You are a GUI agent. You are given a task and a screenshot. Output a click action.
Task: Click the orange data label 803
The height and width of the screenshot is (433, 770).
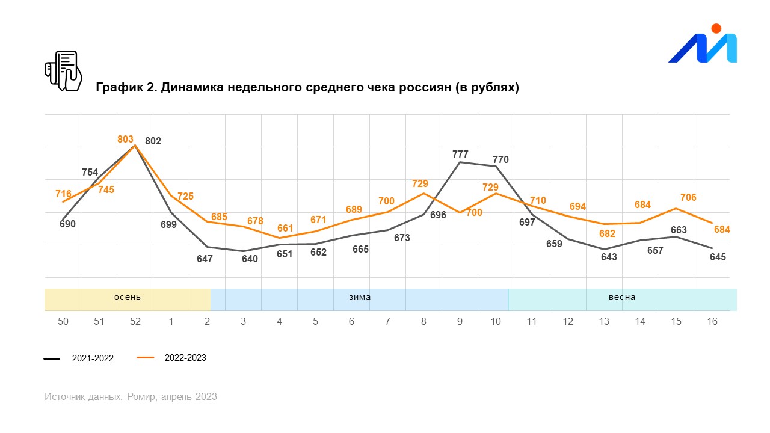[x=125, y=140]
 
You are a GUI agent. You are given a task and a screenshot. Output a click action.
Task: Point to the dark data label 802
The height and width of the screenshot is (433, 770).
[x=153, y=141]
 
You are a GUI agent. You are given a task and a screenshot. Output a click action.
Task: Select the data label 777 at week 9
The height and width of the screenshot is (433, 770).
[x=460, y=155]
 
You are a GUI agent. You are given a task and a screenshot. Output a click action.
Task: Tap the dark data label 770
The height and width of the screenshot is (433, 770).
[x=500, y=160]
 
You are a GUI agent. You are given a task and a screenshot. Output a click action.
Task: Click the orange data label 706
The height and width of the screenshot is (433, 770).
[x=688, y=198]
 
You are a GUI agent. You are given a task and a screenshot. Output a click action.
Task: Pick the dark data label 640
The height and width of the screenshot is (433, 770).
[x=250, y=259]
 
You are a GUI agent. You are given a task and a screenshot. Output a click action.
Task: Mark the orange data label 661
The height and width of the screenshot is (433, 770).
[x=285, y=229]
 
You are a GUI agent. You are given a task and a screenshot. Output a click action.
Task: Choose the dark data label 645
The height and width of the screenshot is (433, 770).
[x=718, y=257]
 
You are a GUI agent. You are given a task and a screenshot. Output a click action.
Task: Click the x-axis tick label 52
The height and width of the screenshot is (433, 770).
[x=135, y=322]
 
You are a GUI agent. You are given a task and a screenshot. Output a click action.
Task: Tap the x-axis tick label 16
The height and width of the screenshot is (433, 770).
[x=712, y=322]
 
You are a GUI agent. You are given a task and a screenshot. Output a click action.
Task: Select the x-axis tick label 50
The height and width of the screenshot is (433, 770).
[x=63, y=322]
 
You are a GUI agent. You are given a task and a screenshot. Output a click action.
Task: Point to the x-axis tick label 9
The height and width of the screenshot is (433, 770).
[x=460, y=322]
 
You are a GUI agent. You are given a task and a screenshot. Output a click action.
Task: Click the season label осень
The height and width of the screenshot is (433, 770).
[x=128, y=297]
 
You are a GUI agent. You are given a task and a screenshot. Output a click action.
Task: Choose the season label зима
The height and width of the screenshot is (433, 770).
[x=360, y=297]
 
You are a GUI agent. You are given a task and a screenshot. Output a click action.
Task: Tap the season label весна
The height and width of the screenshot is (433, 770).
[x=621, y=297]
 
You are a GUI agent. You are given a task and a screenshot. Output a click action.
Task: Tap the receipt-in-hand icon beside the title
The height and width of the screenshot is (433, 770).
[x=63, y=70]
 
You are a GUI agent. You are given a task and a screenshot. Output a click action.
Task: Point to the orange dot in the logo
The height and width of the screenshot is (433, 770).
[x=716, y=28]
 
